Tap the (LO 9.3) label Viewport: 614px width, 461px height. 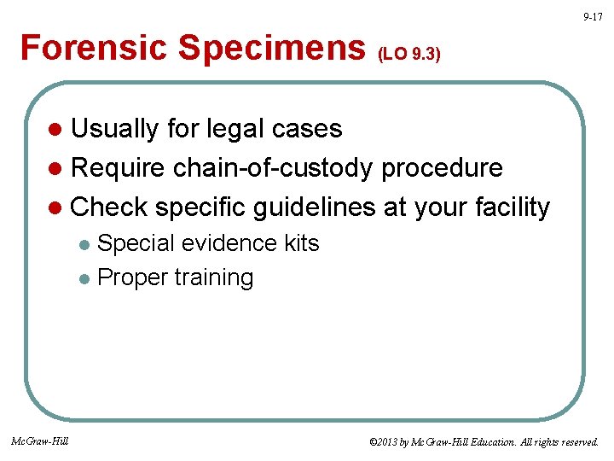(408, 55)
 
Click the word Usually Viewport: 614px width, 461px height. (115, 129)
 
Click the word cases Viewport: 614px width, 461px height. (306, 129)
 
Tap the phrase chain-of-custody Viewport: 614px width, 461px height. (273, 168)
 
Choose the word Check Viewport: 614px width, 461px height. (109, 207)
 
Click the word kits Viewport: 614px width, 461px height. (301, 243)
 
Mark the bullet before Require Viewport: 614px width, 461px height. (56, 169)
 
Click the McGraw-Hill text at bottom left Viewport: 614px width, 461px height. (40, 441)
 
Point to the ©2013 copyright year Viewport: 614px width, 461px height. (384, 442)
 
